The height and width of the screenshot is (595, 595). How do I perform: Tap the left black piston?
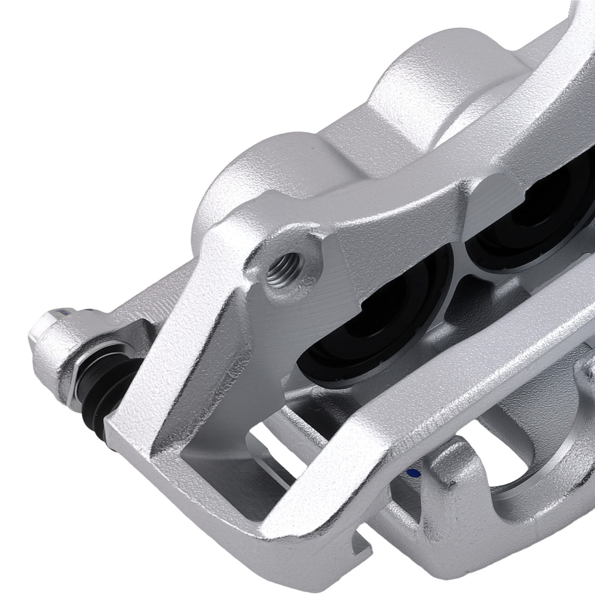369,333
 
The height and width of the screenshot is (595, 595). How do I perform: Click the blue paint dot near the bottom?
411,474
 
